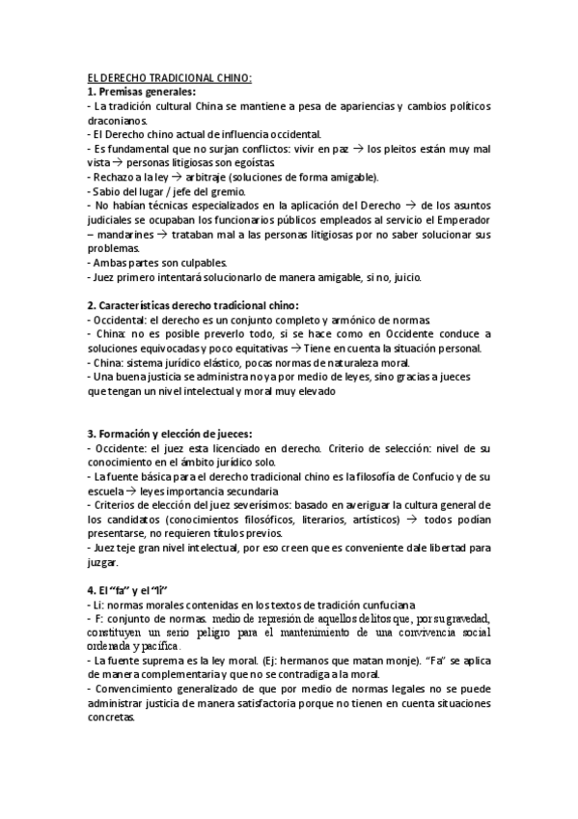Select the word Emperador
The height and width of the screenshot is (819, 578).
tap(459, 221)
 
